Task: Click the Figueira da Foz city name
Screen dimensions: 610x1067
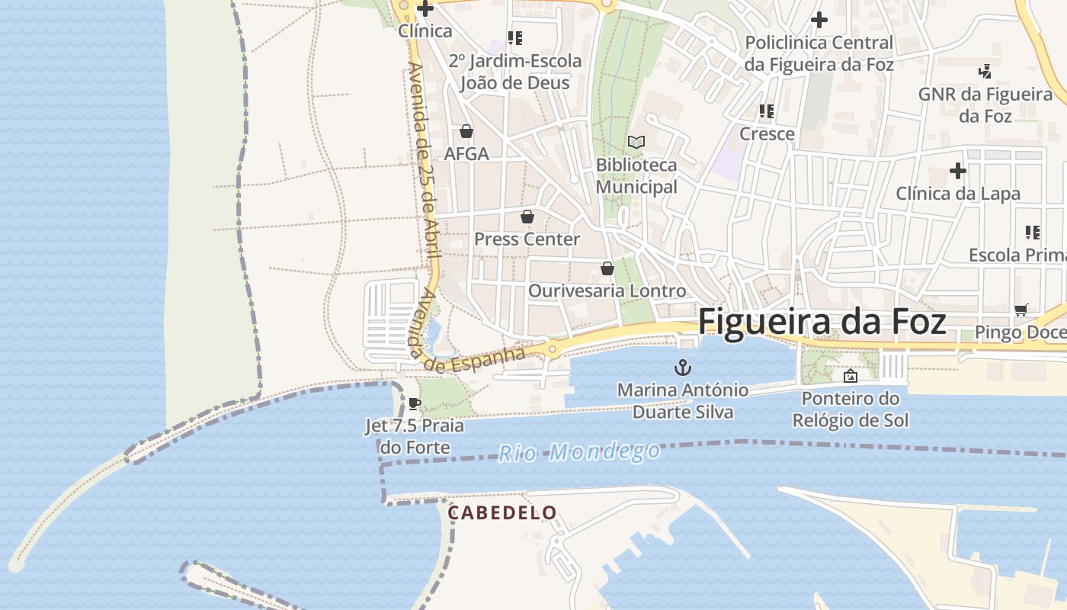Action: [x=822, y=322]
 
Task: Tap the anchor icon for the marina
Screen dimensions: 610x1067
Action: [x=683, y=368]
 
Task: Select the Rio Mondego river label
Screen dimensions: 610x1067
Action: [x=579, y=452]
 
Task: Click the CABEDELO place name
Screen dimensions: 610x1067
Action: [x=502, y=512]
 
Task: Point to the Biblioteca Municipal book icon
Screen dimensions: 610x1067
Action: [x=636, y=142]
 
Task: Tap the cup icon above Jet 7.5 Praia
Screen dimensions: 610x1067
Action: [x=414, y=403]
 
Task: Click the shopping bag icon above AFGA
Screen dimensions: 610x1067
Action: [x=466, y=131]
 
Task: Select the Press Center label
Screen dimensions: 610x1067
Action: [x=527, y=239]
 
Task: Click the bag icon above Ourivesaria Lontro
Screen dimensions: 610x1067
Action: [x=607, y=268]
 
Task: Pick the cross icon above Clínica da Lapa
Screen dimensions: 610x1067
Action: [x=958, y=171]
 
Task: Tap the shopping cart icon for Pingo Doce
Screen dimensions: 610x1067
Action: [x=1021, y=310]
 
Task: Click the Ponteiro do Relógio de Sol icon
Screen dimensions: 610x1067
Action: [x=850, y=375]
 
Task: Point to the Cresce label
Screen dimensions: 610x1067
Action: [x=767, y=134]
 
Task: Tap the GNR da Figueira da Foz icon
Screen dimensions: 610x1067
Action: [x=985, y=72]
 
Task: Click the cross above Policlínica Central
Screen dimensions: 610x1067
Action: [x=819, y=20]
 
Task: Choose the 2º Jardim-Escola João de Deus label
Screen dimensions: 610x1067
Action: [x=515, y=72]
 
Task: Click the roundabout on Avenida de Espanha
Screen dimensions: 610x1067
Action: [x=553, y=349]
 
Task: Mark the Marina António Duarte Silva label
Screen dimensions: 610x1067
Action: [x=683, y=401]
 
